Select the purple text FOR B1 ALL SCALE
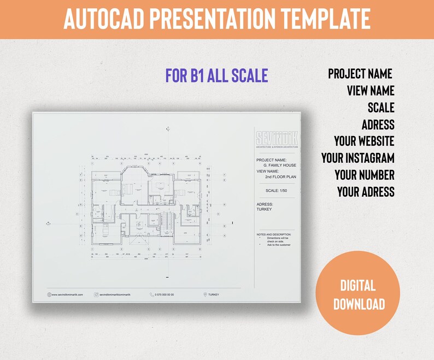[x=216, y=75]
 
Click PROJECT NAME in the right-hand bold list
[x=360, y=73]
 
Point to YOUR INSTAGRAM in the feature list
[x=357, y=158]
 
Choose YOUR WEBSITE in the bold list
[x=364, y=141]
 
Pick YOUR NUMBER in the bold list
[x=365, y=175]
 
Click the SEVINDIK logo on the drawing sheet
[x=277, y=138]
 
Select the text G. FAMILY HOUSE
[x=279, y=165]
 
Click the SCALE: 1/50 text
[x=277, y=191]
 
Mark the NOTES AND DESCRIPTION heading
[x=274, y=234]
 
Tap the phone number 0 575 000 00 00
[x=165, y=295]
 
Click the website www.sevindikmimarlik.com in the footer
[x=68, y=295]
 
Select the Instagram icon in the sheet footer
[x=96, y=295]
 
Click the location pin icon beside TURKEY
[x=205, y=295]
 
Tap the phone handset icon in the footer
[x=151, y=295]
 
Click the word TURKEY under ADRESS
[x=264, y=209]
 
